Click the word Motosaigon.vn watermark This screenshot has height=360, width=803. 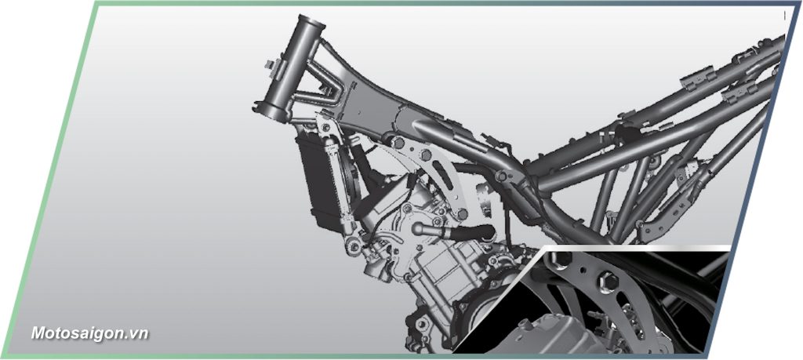coord(89,333)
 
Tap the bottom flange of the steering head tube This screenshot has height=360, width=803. coord(271,108)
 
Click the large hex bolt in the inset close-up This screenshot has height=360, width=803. coord(608,281)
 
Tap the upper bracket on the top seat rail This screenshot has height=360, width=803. coord(697,78)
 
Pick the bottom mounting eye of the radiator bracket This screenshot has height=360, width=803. coord(352,247)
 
